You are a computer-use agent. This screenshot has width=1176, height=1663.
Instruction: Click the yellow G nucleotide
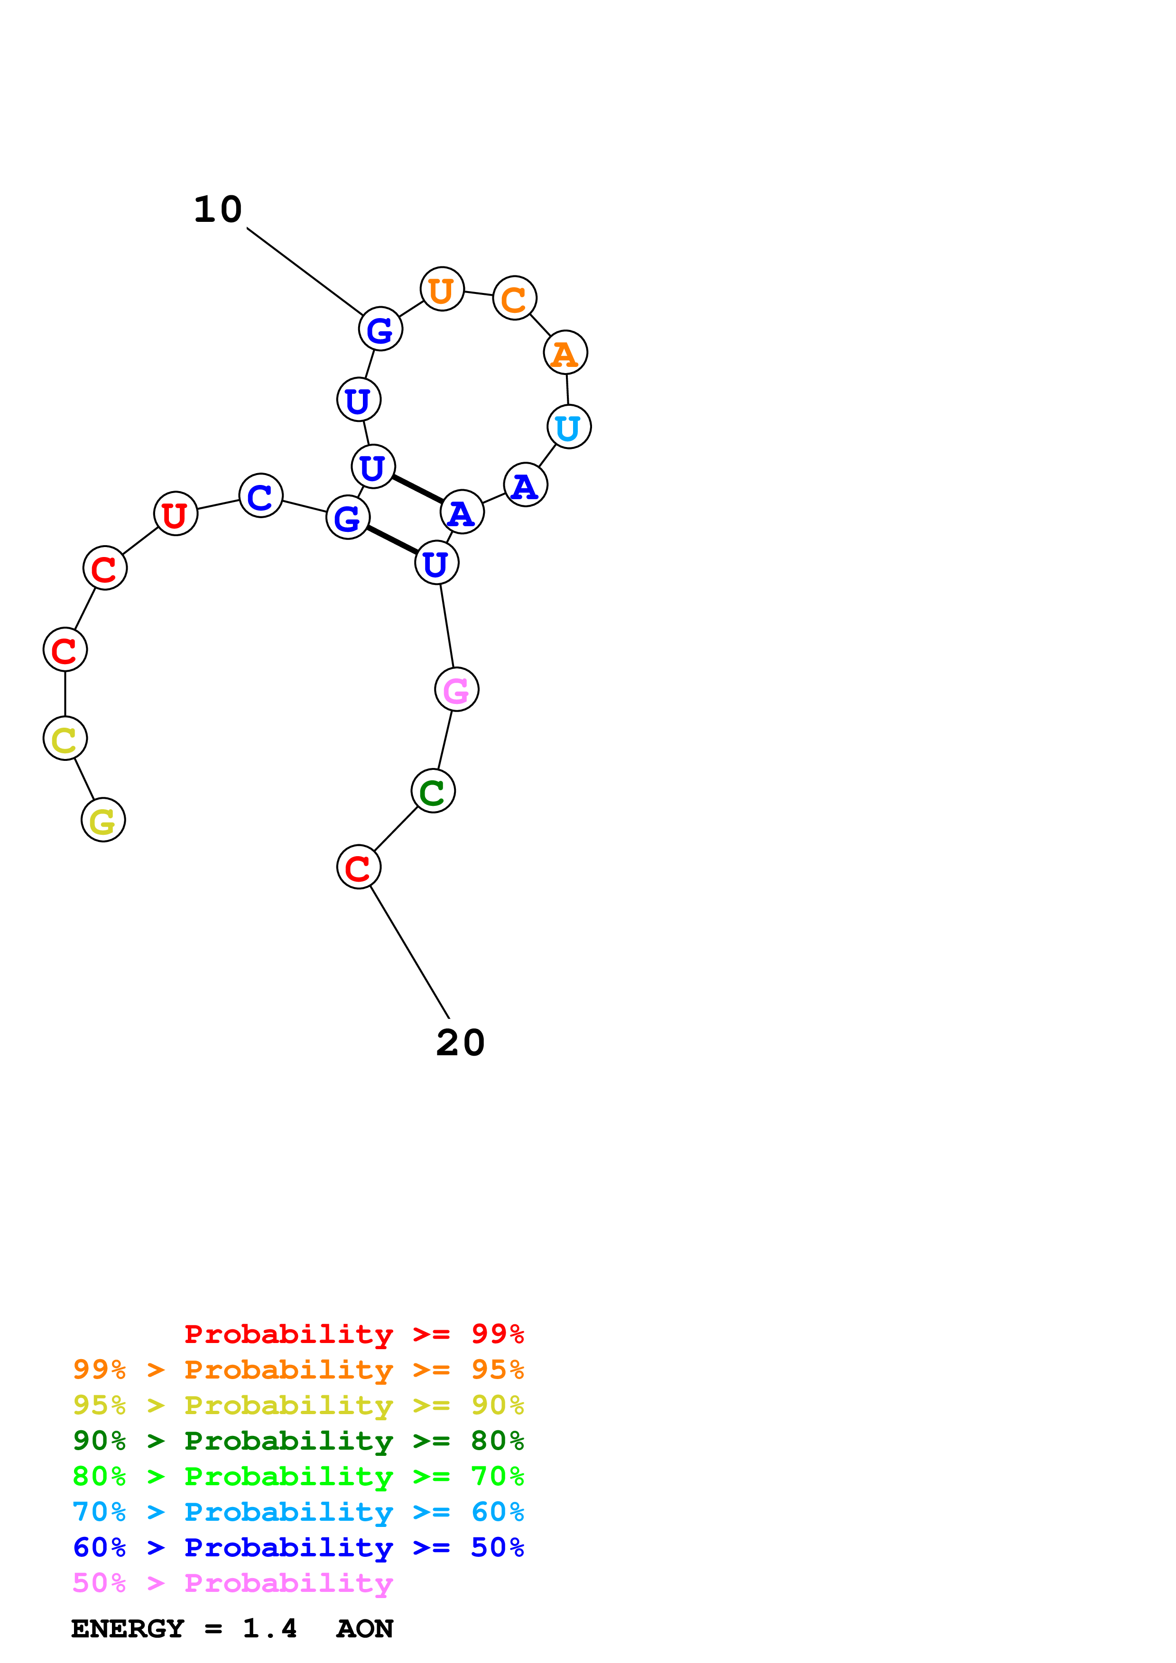103,820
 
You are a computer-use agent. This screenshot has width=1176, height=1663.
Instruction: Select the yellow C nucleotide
65,739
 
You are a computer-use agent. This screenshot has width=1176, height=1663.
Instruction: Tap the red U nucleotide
176,514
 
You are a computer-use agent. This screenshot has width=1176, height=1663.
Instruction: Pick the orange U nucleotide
442,290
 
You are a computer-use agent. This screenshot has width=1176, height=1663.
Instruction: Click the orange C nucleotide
514,298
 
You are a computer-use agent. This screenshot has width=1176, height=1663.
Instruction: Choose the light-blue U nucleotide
569,427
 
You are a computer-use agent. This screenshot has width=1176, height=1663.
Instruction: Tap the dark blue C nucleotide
261,496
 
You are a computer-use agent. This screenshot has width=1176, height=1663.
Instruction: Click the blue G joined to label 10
380,329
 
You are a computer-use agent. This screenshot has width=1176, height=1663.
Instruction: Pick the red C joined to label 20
359,867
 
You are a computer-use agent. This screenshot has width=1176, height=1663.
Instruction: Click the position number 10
217,210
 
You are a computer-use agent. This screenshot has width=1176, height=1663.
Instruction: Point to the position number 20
460,1043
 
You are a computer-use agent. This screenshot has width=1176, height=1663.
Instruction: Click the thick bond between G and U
392,540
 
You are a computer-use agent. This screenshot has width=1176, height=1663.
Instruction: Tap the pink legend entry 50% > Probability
232,1583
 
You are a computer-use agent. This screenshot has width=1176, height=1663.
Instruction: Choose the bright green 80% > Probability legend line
298,1476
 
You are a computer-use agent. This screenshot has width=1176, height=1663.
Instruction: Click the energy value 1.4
269,1629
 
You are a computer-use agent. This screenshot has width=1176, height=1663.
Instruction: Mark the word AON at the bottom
364,1629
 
